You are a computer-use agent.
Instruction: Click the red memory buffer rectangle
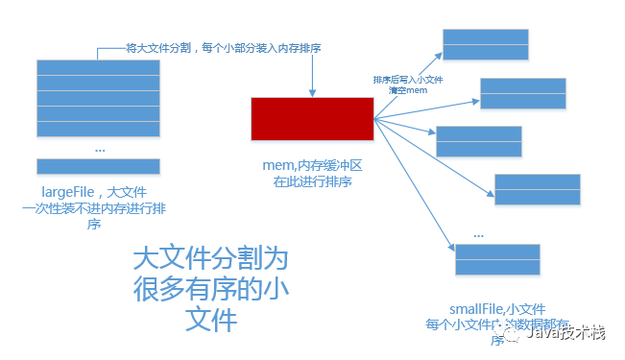(x=312, y=118)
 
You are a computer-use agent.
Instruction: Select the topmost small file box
(x=485, y=44)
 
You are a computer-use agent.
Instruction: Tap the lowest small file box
(x=497, y=260)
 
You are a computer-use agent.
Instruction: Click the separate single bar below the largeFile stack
(x=97, y=165)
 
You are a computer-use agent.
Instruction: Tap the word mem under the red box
(x=278, y=166)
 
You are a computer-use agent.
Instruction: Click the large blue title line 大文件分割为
(x=209, y=258)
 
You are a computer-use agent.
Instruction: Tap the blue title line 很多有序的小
(x=209, y=289)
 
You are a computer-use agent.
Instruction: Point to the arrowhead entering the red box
(x=312, y=93)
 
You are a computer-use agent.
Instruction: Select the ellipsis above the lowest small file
(x=478, y=233)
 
